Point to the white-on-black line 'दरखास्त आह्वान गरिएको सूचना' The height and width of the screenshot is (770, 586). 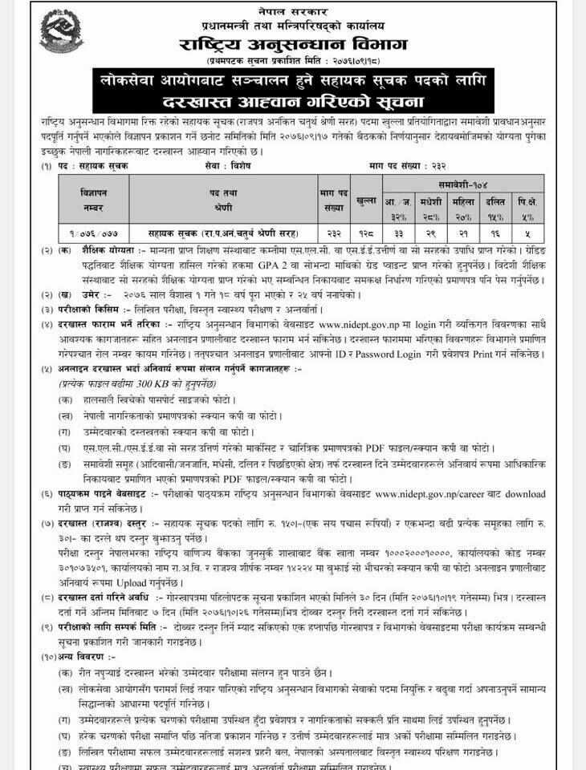pos(293,102)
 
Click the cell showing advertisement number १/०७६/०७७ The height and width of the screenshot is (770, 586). pos(93,233)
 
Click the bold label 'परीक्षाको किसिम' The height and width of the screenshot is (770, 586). pos(89,307)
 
